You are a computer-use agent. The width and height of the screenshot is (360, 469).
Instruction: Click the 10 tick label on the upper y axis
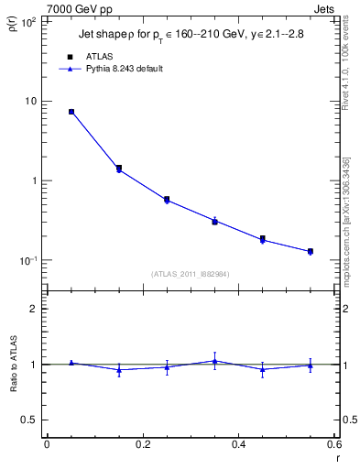tap(32, 101)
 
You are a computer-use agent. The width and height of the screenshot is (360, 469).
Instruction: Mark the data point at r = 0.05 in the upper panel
tap(71, 112)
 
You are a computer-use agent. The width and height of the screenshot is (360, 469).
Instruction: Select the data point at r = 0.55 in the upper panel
tap(311, 251)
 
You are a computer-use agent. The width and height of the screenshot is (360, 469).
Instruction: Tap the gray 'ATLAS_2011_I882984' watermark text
tap(190, 274)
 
